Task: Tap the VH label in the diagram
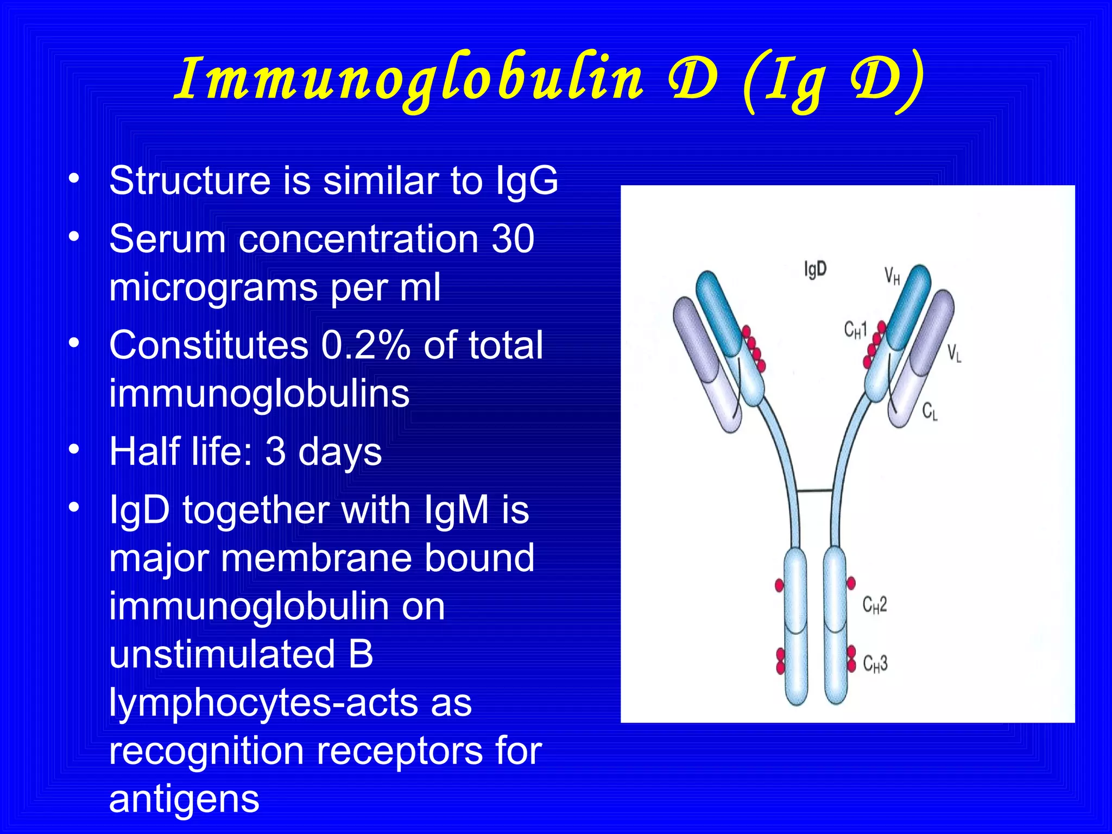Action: point(892,276)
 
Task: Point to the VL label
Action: point(954,353)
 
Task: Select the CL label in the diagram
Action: point(930,412)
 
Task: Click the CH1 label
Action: point(856,330)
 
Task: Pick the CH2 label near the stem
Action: point(875,605)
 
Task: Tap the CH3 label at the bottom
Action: point(875,664)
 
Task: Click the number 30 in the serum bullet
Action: point(513,239)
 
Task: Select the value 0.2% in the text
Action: point(365,345)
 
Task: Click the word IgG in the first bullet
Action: point(527,181)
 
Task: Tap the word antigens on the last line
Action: point(185,799)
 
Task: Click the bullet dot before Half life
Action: point(74,449)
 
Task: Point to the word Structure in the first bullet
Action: point(189,181)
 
